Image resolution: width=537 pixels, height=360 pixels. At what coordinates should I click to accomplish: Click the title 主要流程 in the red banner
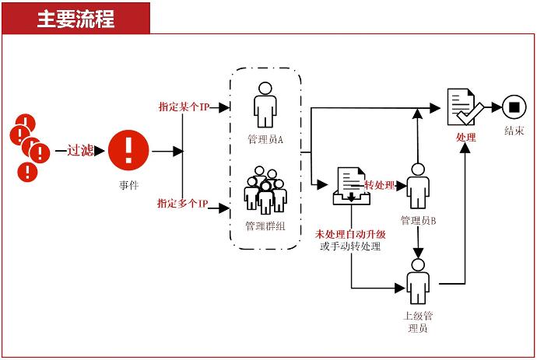75,19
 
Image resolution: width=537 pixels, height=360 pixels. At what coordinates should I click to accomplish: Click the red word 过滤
80,150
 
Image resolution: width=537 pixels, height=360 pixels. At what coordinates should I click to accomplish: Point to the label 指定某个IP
183,106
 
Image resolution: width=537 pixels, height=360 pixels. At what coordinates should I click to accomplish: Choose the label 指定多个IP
183,204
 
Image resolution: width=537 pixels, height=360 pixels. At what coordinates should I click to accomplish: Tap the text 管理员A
265,139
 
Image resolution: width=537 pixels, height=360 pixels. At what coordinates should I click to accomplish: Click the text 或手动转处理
350,247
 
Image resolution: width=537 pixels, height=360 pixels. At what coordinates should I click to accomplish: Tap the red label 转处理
381,185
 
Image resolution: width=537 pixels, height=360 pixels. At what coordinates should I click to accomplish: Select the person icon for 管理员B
418,187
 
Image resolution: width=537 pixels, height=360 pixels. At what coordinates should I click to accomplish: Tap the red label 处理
466,137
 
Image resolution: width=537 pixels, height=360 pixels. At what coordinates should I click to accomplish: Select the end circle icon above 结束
513,107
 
